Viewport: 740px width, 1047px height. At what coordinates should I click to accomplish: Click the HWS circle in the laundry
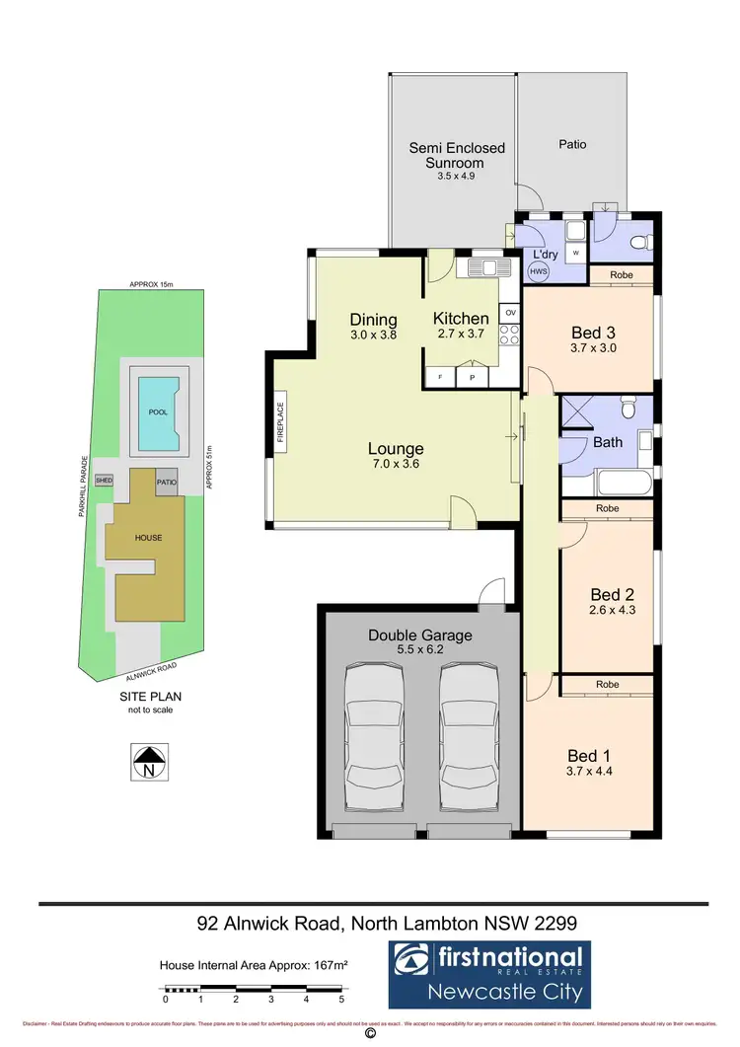click(539, 271)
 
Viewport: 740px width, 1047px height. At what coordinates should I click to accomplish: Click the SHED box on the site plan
click(105, 481)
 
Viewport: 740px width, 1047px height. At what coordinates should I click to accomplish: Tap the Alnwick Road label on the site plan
click(151, 669)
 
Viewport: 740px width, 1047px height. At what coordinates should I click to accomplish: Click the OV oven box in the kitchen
click(510, 313)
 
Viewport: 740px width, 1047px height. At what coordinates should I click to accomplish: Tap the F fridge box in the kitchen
click(441, 377)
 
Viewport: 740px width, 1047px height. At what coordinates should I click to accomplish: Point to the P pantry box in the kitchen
click(473, 377)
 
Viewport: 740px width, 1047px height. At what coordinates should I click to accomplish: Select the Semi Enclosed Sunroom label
click(457, 155)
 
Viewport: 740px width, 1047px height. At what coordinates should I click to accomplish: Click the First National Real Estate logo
click(487, 972)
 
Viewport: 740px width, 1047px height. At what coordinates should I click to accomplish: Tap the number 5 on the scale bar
click(341, 1000)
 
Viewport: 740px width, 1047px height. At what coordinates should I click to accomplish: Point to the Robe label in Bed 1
click(607, 684)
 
